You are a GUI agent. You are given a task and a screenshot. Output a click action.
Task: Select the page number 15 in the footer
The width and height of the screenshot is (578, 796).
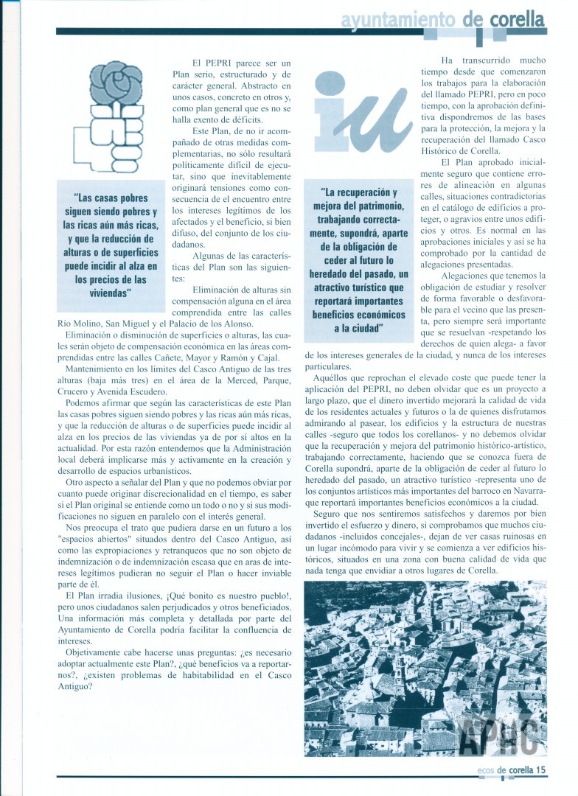(540, 769)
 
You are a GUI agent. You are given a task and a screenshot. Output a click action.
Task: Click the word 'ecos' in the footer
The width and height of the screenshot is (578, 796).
(484, 769)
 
